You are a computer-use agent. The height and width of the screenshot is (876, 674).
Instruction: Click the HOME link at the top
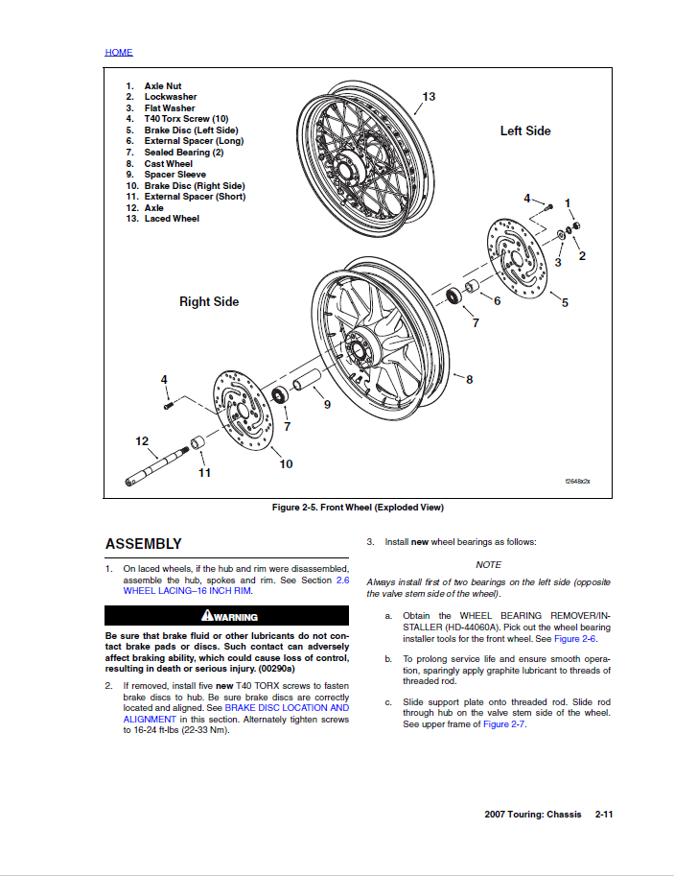pyautogui.click(x=119, y=52)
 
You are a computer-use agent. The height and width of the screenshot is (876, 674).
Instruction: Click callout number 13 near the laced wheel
pyautogui.click(x=429, y=97)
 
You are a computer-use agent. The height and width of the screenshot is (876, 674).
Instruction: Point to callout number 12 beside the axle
pyautogui.click(x=142, y=441)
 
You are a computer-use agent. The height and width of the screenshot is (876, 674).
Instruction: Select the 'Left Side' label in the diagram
pyautogui.click(x=525, y=130)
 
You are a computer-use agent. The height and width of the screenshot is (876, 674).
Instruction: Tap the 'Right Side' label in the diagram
pyautogui.click(x=209, y=301)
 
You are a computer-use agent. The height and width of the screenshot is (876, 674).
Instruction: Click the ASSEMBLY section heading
pyautogui.click(x=143, y=544)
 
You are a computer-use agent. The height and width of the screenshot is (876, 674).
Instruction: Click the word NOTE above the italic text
pyautogui.click(x=488, y=565)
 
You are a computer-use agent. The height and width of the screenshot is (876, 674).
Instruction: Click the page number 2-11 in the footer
pyautogui.click(x=604, y=815)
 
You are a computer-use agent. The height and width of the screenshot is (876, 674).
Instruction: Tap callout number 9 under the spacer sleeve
pyautogui.click(x=327, y=405)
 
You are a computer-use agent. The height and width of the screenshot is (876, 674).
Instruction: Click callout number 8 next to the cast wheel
pyautogui.click(x=469, y=379)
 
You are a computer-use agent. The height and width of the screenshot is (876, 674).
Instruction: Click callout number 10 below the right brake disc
pyautogui.click(x=286, y=464)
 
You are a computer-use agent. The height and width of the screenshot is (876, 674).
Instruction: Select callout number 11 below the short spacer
pyautogui.click(x=204, y=472)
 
